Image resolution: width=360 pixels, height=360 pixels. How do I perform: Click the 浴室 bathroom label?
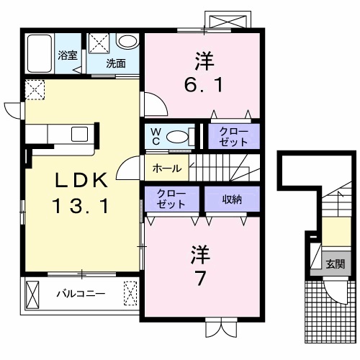68,54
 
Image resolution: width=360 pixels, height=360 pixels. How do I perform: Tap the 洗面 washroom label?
116,63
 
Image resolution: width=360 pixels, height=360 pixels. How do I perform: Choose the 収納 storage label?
231,199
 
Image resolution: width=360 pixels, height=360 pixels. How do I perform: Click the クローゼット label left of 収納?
172,199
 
